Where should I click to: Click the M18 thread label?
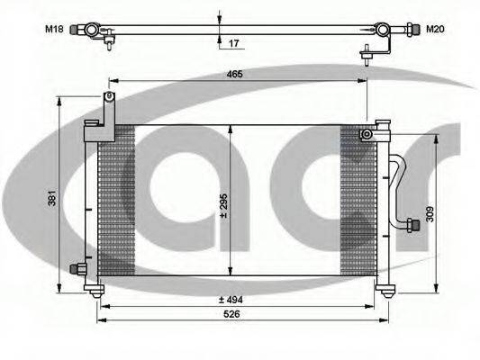point(54,30)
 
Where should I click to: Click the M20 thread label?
point(435,30)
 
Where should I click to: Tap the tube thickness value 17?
point(233,43)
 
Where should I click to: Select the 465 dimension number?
point(235,74)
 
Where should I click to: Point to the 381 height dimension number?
point(52,198)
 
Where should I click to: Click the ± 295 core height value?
point(223,205)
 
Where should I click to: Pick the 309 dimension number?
point(430,214)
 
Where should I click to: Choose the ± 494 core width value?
point(231,300)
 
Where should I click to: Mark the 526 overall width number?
point(231,314)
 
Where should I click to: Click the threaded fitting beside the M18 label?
point(75,30)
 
